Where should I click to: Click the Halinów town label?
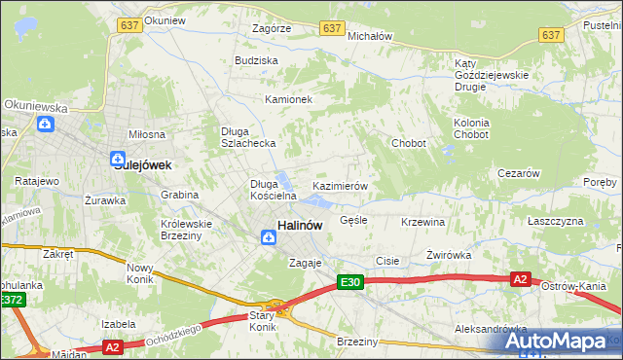300,225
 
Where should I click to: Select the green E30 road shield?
351,282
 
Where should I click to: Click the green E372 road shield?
12,300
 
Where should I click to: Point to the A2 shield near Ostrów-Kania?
521,279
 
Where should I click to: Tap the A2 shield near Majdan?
112,346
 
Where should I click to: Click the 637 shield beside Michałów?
333,29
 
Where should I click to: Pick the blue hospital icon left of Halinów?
267,234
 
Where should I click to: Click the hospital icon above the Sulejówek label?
117,158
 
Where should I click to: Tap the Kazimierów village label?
339,185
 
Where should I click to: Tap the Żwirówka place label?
449,255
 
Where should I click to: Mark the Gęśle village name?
353,220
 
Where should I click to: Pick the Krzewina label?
422,222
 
